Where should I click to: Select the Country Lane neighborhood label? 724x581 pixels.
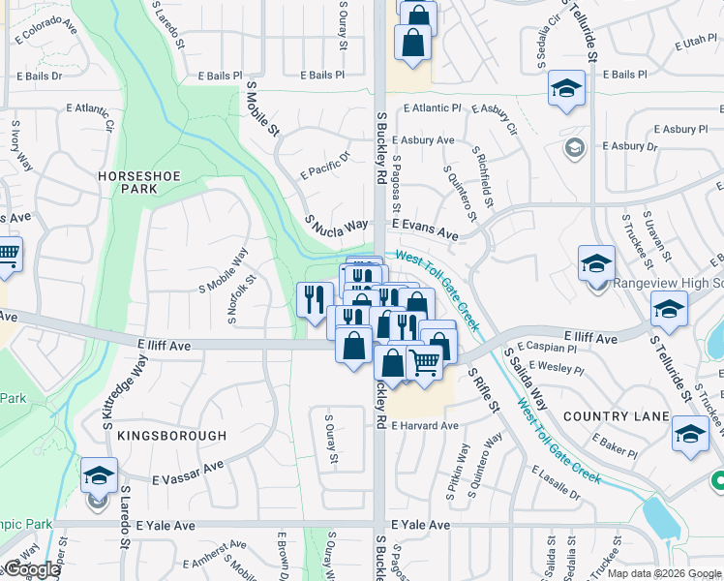coord(616,416)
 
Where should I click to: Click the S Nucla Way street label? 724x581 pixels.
coord(337,224)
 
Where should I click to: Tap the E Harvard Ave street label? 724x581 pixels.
coord(424,426)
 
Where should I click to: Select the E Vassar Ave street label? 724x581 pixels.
coord(188,473)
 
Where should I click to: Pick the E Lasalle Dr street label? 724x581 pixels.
coord(556,481)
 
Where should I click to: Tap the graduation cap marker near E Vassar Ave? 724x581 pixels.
coord(99,475)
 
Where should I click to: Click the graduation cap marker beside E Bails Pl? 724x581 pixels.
coord(566,89)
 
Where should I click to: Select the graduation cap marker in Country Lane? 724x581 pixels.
coord(690,434)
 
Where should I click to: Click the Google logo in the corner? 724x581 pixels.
coord(31,569)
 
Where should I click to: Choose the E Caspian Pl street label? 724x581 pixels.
coord(548,346)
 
